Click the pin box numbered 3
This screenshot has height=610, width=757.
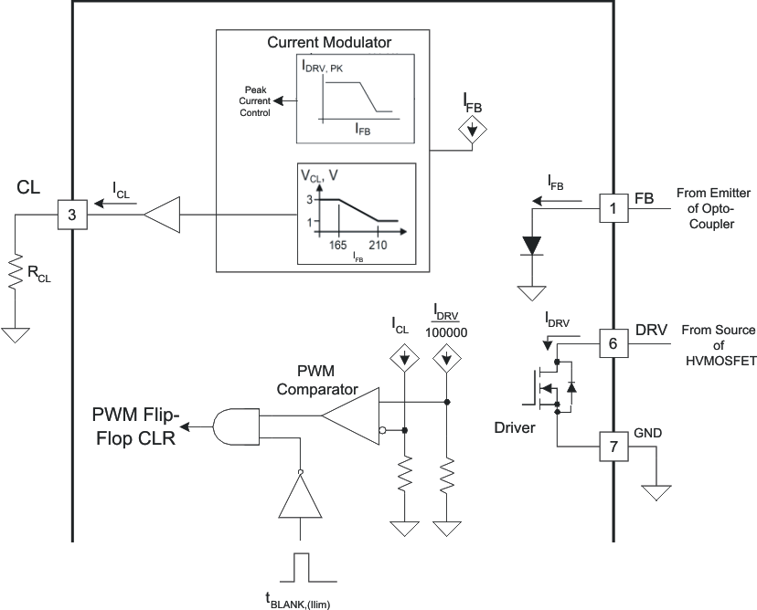click(x=70, y=215)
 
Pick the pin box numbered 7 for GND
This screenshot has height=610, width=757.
click(x=612, y=447)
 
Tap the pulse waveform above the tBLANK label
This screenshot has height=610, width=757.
click(x=303, y=567)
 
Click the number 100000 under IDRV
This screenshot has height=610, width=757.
click(x=445, y=333)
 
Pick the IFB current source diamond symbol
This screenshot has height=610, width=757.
click(x=471, y=132)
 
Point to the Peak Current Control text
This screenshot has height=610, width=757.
click(x=257, y=101)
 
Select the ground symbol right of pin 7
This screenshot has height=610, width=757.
click(x=656, y=493)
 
